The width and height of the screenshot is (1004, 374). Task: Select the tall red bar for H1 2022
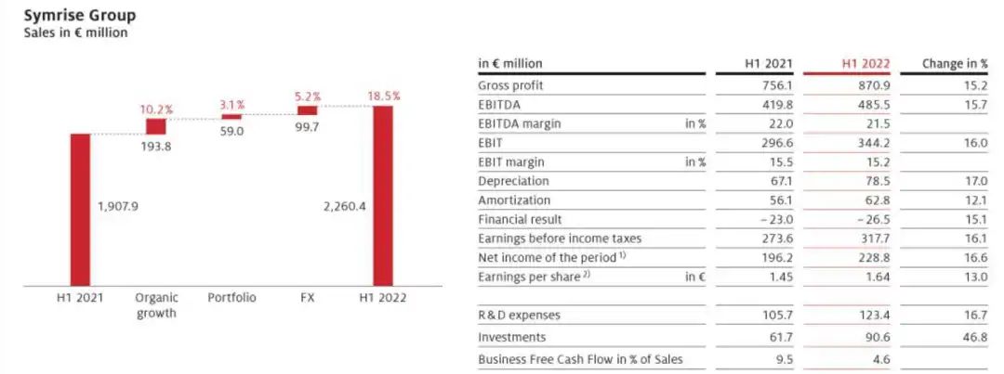coord(382,195)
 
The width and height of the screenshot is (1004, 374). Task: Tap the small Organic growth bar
coord(155,126)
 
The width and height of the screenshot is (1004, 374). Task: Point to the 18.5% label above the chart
coord(382,96)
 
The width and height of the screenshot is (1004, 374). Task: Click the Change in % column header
coord(955,64)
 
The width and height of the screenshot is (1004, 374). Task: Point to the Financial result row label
coord(520,219)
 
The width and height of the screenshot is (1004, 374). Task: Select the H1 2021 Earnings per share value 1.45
coord(780,277)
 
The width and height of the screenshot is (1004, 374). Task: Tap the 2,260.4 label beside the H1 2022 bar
coord(342,206)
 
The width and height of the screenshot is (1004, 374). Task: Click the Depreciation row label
coord(513,181)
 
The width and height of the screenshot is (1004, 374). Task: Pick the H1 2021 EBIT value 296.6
coord(776,143)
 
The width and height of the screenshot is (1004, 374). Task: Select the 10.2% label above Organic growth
coord(155,110)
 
